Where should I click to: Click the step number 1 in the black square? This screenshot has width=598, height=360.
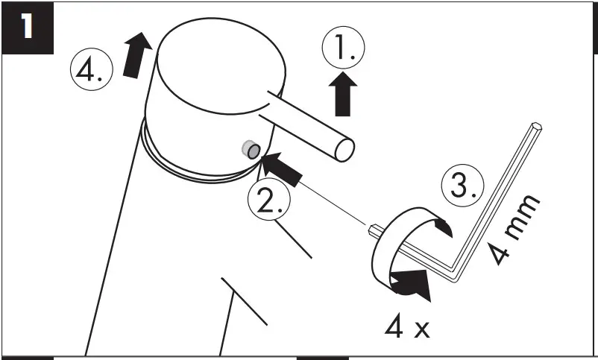tap(28, 28)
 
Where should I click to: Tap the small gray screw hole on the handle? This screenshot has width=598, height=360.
tap(249, 150)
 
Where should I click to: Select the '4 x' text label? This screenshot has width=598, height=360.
tap(407, 326)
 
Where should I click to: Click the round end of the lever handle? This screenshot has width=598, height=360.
tap(344, 148)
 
